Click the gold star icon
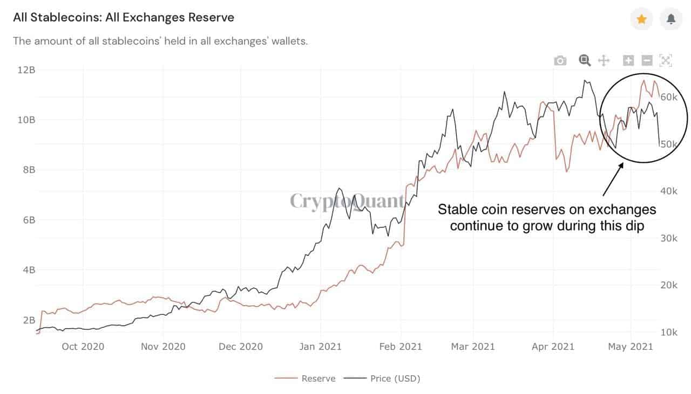tap(641, 19)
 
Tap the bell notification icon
tap(671, 19)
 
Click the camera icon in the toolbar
tap(560, 60)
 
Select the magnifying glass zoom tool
tap(585, 60)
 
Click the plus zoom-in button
tap(628, 60)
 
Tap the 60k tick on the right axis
tap(669, 97)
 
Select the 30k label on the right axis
tap(669, 238)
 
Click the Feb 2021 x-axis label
tap(400, 346)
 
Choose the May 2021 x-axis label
tap(631, 346)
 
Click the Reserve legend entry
tap(318, 378)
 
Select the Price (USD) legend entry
tap(395, 378)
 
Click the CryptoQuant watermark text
tap(347, 201)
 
